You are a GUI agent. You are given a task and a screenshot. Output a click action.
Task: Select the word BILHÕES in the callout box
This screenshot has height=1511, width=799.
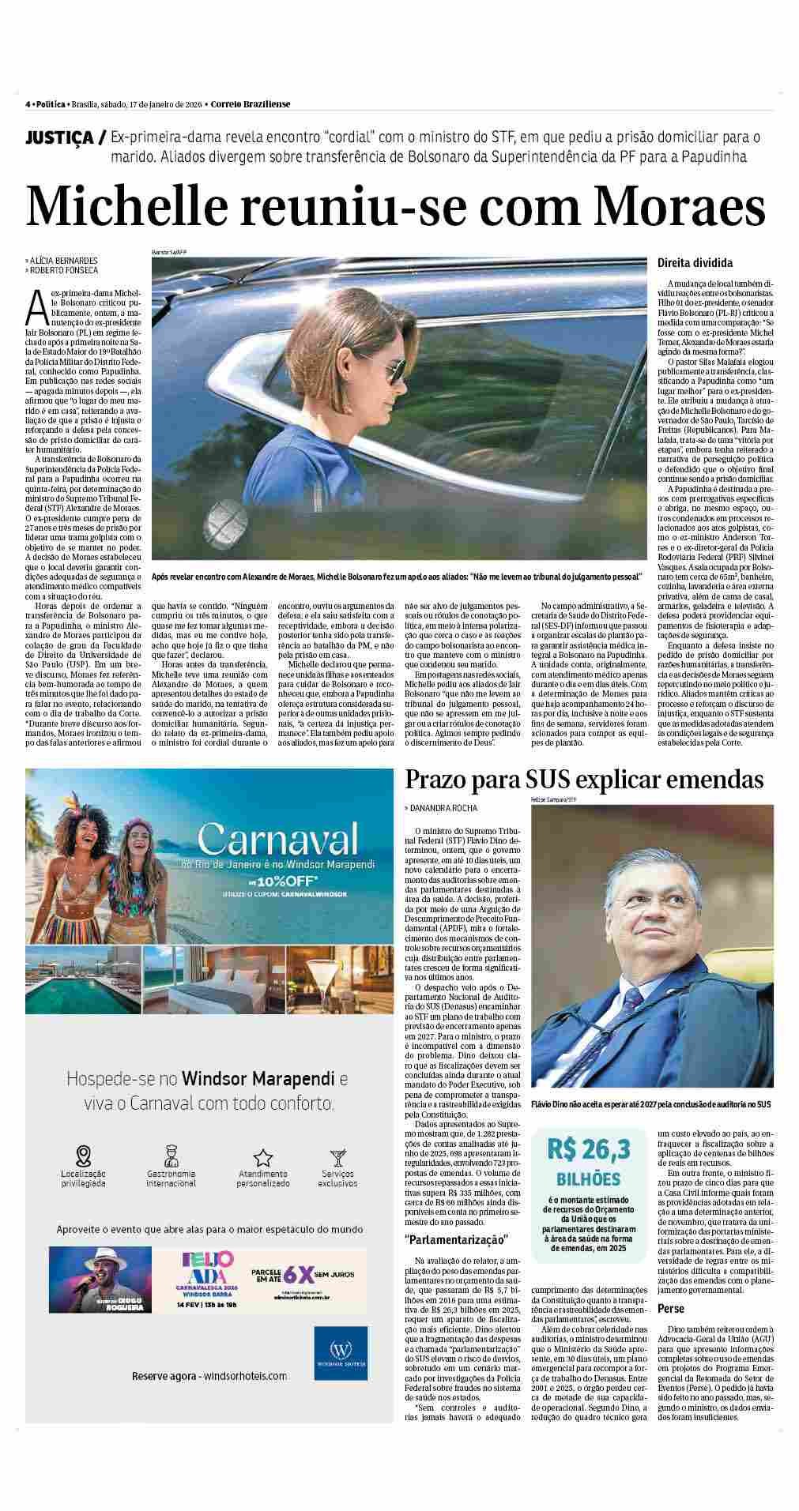[588, 1179]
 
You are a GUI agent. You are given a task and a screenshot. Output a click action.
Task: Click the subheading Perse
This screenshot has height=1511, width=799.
[673, 1308]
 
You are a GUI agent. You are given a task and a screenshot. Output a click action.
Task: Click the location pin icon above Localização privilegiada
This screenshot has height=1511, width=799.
[83, 1156]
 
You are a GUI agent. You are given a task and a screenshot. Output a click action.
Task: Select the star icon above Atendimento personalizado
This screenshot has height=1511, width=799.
[262, 1158]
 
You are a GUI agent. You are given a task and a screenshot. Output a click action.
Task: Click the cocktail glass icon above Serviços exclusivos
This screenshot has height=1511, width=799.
[338, 1158]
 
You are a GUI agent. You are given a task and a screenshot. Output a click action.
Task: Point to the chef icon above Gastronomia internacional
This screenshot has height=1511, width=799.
[171, 1156]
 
